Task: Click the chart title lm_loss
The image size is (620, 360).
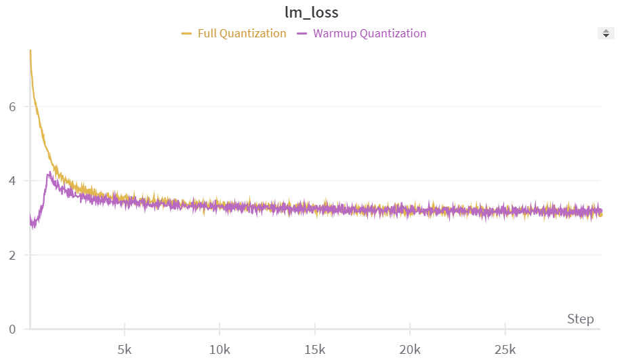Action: [311, 13]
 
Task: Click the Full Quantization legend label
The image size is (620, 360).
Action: [242, 33]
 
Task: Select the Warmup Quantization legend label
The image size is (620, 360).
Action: [369, 33]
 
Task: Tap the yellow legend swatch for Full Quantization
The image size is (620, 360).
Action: [187, 33]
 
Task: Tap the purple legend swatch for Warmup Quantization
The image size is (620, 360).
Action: [302, 33]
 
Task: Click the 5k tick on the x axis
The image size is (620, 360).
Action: [125, 350]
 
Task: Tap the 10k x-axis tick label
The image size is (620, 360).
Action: [220, 350]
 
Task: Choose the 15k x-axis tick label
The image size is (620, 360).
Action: [314, 350]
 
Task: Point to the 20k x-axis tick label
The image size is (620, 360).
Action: [409, 350]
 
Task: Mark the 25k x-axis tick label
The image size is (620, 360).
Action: [504, 350]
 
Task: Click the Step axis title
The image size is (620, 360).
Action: [580, 319]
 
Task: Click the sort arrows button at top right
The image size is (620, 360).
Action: [606, 33]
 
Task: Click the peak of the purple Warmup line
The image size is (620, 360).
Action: [49, 174]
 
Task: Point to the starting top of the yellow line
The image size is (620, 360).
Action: [30, 51]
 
